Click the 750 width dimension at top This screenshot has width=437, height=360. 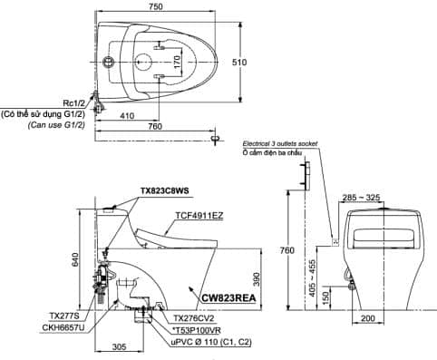(156, 6)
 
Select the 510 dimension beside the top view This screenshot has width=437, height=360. (239, 63)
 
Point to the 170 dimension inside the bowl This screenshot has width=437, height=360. (178, 62)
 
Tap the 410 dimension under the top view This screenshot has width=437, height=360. (127, 116)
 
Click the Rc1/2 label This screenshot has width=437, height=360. (73, 103)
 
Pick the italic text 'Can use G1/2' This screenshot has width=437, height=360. (56, 125)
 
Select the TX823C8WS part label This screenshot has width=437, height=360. (165, 191)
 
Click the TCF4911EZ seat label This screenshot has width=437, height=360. (199, 216)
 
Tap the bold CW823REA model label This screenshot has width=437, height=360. (228, 298)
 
